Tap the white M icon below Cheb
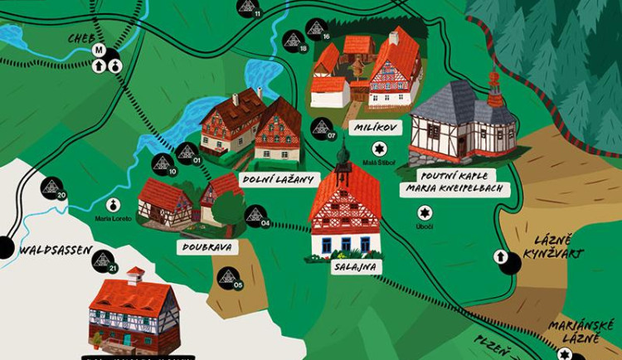99,51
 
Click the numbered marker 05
228,277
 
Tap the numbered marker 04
255,216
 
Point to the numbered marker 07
321,129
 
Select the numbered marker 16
316,30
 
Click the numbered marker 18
292,40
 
